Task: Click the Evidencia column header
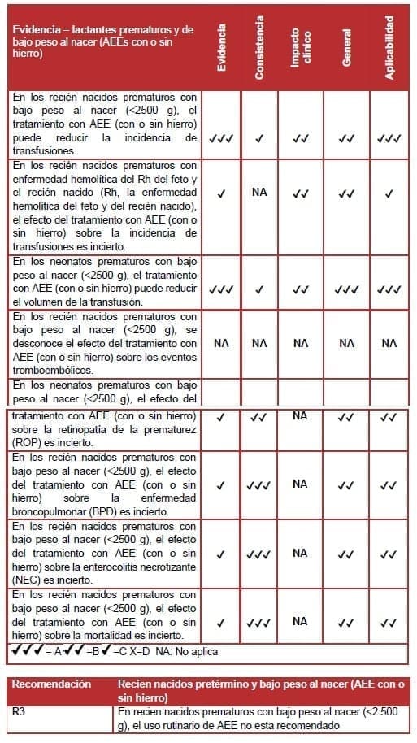pos(221,47)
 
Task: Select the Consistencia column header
pos(259,47)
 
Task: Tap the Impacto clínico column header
pos(300,47)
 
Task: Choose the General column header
pos(347,47)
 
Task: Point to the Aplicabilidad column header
pos(389,47)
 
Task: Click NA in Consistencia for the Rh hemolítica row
pos(259,193)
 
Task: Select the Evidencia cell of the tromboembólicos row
pos(221,343)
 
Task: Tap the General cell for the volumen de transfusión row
pos(347,289)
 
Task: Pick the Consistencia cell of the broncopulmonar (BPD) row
pos(259,486)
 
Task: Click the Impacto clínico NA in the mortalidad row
pos(300,621)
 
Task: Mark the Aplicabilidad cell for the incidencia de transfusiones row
pos(389,138)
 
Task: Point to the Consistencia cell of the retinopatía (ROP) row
pos(259,418)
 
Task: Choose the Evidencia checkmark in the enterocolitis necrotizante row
pos(221,554)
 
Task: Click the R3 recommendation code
pos(20,711)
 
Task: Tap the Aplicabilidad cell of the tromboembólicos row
pos(389,343)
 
